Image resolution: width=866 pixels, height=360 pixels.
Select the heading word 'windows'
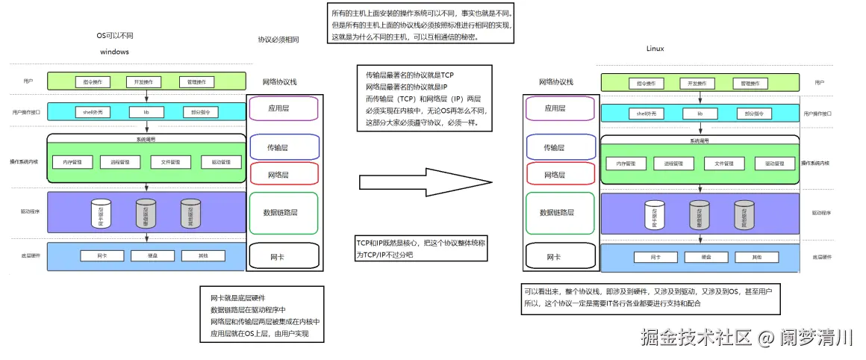point(114,52)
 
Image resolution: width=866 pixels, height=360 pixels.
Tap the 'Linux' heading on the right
point(655,49)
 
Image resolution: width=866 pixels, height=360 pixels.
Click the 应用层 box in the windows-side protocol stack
point(283,108)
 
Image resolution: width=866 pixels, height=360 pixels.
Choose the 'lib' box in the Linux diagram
point(700,114)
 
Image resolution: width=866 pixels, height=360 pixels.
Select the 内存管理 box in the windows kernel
point(72,162)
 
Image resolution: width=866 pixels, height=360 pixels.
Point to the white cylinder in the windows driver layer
point(101,213)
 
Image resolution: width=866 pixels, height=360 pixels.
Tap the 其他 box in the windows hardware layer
point(203,255)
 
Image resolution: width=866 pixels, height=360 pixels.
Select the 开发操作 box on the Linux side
point(700,83)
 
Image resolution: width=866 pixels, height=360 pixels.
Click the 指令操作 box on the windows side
point(93,81)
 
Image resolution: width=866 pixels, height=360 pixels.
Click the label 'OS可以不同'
point(115,35)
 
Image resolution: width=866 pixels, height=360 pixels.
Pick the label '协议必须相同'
point(278,40)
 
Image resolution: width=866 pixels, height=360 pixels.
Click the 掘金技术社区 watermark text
point(694,338)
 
